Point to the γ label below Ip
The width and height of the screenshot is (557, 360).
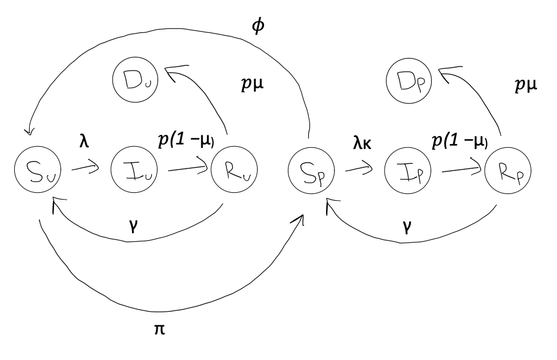(x=407, y=226)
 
